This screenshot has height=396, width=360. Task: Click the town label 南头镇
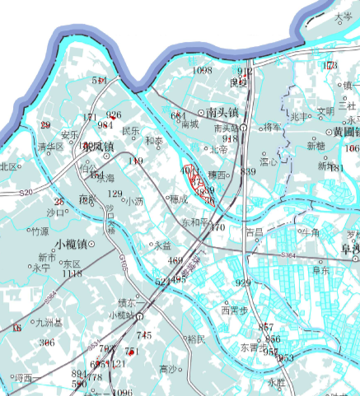(x=222, y=111)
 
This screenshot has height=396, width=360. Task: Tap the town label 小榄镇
(x=72, y=244)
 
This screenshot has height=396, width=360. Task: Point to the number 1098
(x=202, y=72)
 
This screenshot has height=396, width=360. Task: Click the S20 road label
(x=26, y=192)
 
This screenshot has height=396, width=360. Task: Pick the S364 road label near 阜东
(x=289, y=257)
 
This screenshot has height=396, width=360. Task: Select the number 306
(x=47, y=342)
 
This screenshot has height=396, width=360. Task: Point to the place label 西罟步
(x=235, y=310)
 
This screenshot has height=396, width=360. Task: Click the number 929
(x=243, y=283)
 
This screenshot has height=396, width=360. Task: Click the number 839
(x=248, y=171)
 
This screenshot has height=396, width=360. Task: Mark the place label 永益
(x=161, y=245)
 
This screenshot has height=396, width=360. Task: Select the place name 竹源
(x=39, y=231)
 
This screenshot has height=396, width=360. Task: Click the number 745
(x=144, y=335)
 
